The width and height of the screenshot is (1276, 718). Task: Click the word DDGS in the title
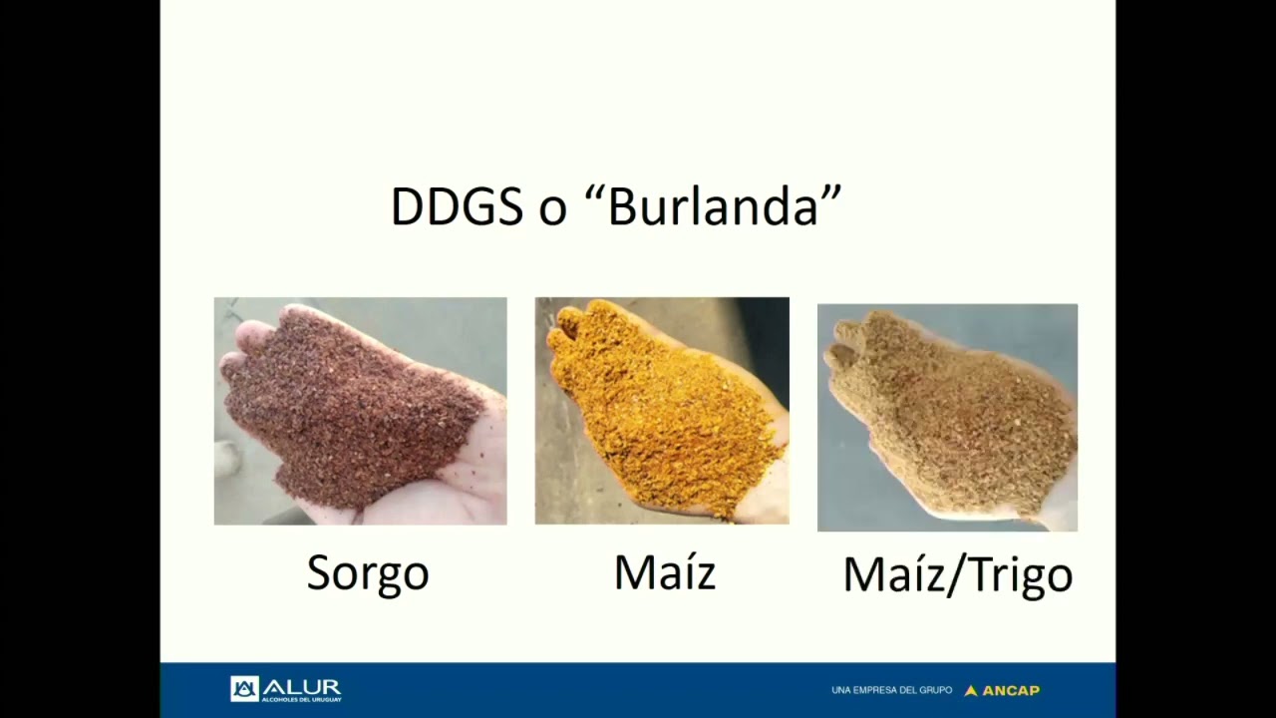click(x=457, y=205)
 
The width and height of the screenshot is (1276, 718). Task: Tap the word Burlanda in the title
click(x=713, y=205)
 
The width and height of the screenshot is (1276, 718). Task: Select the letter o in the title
click(x=552, y=212)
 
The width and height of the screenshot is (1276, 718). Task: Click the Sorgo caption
click(x=368, y=574)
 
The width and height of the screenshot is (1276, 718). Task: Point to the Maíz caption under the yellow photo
click(x=665, y=571)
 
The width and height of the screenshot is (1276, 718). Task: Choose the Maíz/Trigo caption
click(x=958, y=576)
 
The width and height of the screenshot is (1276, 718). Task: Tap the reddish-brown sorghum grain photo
click(x=361, y=411)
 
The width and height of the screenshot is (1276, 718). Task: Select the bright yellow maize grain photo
click(x=662, y=410)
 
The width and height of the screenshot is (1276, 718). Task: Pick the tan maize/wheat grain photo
click(x=947, y=418)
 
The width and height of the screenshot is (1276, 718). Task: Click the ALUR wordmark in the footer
click(x=302, y=687)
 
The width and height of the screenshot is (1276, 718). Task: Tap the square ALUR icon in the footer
click(x=244, y=689)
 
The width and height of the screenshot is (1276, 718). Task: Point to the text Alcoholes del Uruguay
click(x=301, y=699)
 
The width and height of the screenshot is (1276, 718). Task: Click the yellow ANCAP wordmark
click(x=1011, y=691)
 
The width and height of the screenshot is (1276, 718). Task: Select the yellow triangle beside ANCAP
click(x=971, y=691)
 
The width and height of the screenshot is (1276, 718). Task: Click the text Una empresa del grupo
click(x=891, y=691)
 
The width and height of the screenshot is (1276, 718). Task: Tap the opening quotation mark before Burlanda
click(x=595, y=192)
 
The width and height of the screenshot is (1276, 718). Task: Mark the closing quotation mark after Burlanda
click(x=831, y=192)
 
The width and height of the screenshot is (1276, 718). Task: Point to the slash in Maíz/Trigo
click(x=956, y=576)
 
